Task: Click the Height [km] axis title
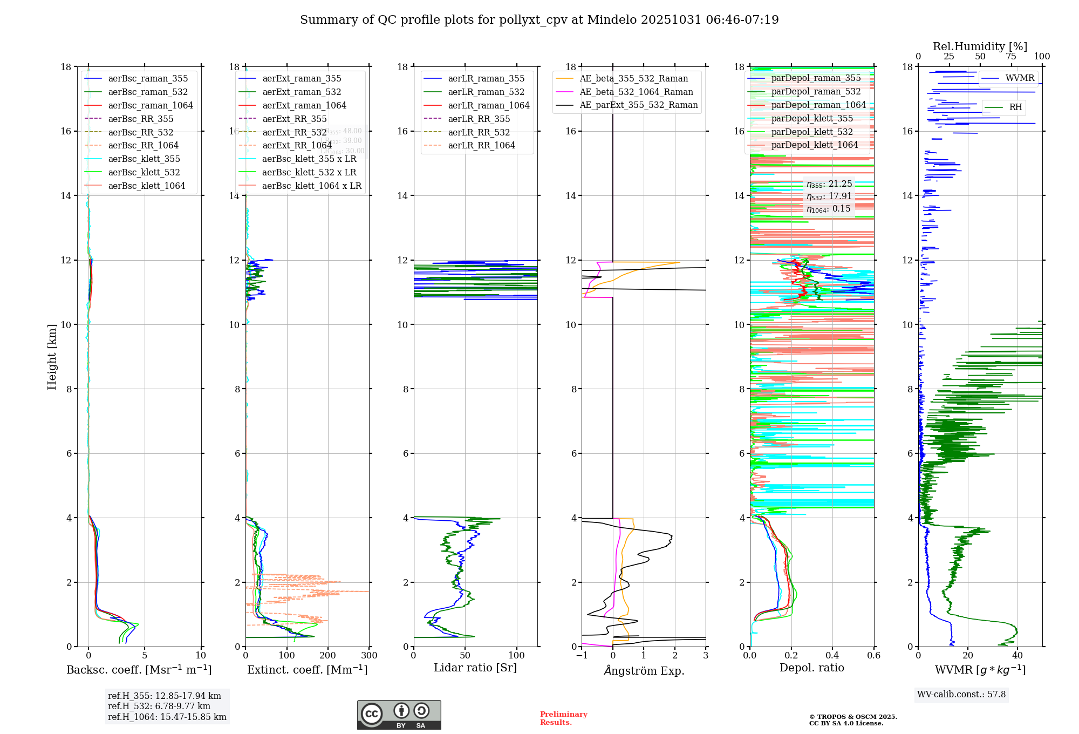pos(52,357)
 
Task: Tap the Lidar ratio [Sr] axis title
pos(475,668)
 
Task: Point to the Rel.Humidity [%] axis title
pos(980,46)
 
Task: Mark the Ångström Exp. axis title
pos(644,671)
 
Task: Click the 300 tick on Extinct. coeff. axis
pos(370,656)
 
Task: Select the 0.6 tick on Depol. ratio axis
pos(873,656)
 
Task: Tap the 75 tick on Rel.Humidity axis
pos(1011,57)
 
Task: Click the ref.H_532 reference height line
pos(159,706)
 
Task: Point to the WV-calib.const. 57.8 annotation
pos(961,695)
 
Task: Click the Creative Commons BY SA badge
pos(399,715)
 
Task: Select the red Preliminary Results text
pos(563,718)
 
